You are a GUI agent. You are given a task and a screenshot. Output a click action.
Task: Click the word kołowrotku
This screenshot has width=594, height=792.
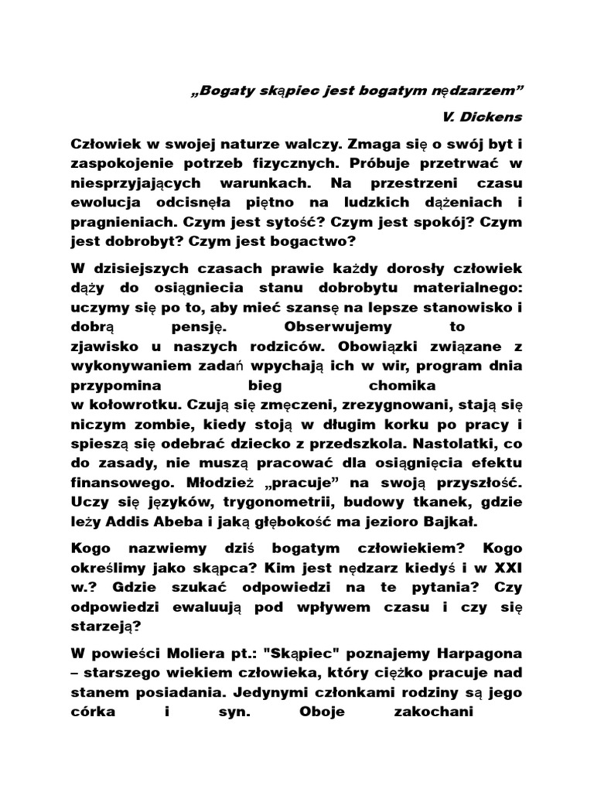(121, 404)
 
